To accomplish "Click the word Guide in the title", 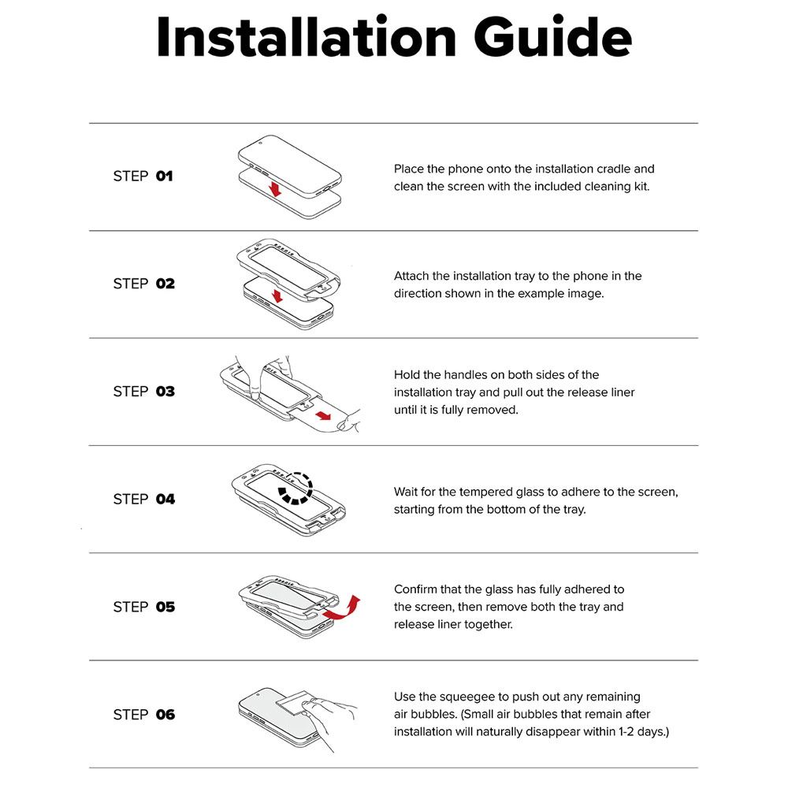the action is click(552, 37).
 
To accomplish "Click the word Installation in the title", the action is click(306, 37).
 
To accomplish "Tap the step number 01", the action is click(165, 177).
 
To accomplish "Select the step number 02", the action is click(165, 284).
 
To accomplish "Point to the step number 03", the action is click(165, 392).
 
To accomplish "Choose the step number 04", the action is click(165, 499).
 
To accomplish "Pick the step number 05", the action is click(165, 607).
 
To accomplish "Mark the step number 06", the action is click(165, 715).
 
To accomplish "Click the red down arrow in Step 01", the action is click(275, 189).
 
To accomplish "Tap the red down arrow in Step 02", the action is click(277, 296).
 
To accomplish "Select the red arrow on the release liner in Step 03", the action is click(324, 415).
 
